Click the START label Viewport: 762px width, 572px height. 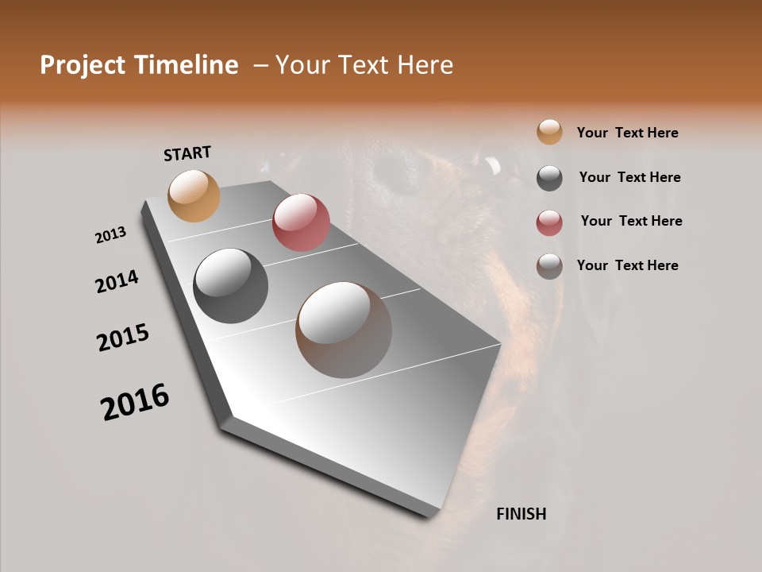pyautogui.click(x=187, y=153)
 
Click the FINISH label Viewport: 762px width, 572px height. pyautogui.click(x=521, y=514)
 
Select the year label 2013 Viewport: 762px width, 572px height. pyautogui.click(x=110, y=235)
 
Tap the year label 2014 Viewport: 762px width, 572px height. pyautogui.click(x=117, y=281)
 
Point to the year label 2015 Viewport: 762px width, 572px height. pyautogui.click(x=123, y=338)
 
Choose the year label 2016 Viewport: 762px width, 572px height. pyautogui.click(x=135, y=401)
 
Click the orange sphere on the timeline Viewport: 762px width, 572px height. pyautogui.click(x=194, y=195)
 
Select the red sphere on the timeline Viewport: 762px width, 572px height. pyautogui.click(x=301, y=222)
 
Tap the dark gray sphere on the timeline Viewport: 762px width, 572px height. pyautogui.click(x=230, y=286)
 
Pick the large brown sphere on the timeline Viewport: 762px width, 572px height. pyautogui.click(x=344, y=330)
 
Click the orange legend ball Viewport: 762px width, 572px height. pyautogui.click(x=549, y=133)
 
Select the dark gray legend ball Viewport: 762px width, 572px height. pyautogui.click(x=549, y=178)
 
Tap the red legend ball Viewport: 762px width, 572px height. pyautogui.click(x=549, y=222)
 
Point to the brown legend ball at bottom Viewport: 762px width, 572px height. pyautogui.click(x=549, y=266)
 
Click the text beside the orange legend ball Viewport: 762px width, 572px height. pyautogui.click(x=627, y=133)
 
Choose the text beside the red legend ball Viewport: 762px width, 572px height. pyautogui.click(x=631, y=221)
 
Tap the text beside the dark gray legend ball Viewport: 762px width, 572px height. pyautogui.click(x=629, y=177)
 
